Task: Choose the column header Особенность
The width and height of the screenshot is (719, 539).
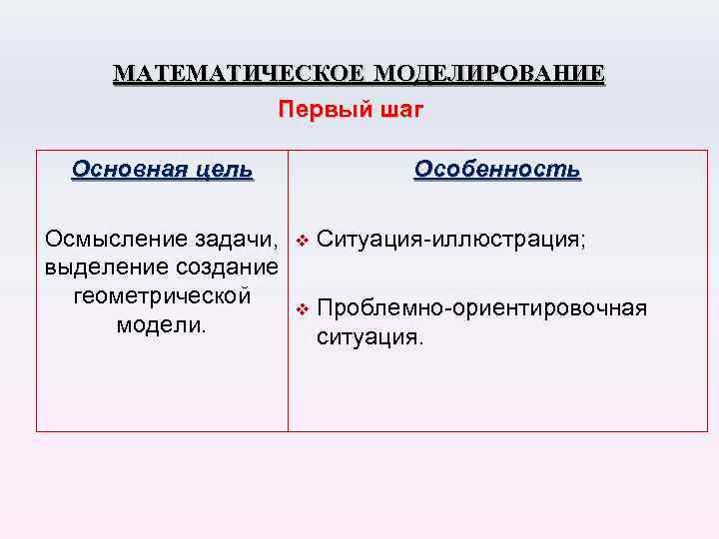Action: click(x=497, y=169)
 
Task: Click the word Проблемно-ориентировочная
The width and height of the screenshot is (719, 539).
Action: click(x=482, y=308)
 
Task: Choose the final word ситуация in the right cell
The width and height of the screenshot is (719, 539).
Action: click(x=368, y=337)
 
